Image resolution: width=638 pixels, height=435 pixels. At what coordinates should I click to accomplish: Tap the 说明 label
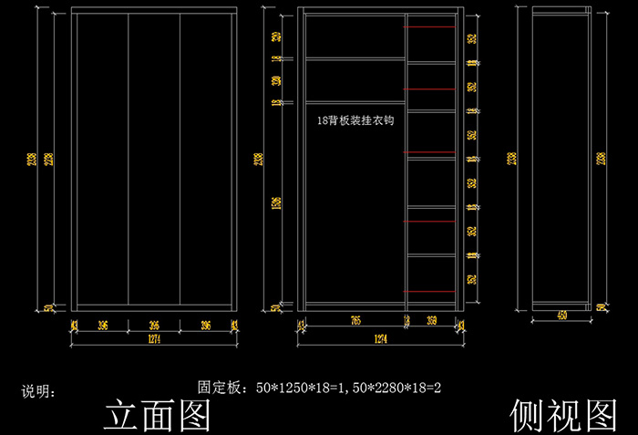[x=38, y=393]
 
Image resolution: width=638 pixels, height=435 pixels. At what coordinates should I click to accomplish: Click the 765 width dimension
[x=355, y=321]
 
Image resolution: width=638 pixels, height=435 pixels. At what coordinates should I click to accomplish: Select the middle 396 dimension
[x=154, y=325]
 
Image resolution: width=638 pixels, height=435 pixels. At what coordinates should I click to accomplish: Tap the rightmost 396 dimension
[x=207, y=325]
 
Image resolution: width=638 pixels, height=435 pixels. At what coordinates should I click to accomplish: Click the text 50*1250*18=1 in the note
[x=306, y=388]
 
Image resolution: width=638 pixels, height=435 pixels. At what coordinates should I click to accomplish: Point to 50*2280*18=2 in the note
[x=399, y=388]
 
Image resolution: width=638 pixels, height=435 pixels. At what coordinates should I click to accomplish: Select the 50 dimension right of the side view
[x=602, y=308]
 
